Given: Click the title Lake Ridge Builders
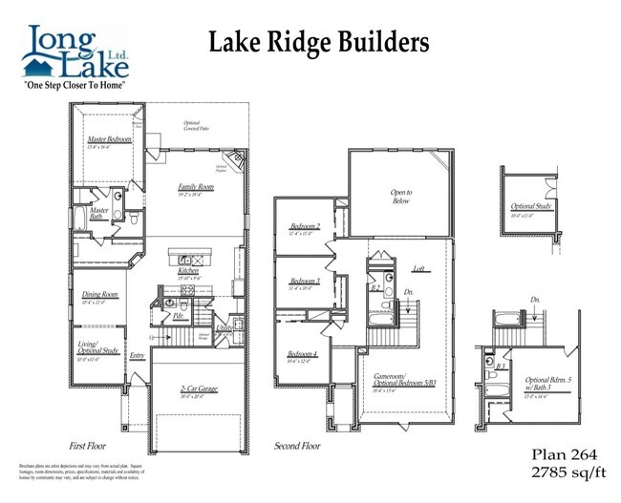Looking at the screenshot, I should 318,42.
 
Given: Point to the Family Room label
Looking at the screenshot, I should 196,188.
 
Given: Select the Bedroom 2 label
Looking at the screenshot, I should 304,227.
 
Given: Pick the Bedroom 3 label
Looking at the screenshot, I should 304,281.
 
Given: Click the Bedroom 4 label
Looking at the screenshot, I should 302,355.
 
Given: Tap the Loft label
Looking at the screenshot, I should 418,270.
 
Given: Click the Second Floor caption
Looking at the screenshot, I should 298,446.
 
